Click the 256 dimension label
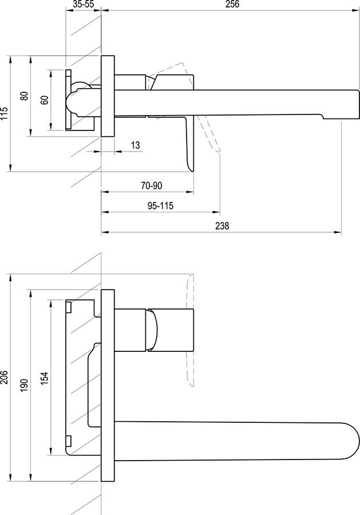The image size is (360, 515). pos(232,4)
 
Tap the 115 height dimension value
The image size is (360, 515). pos(4,113)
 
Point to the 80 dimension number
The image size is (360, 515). pos(24,96)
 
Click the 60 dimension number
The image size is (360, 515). pos(44,100)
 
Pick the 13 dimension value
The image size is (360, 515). pos(135,145)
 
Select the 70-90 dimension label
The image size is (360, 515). pos(152,185)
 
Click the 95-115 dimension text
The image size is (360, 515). pos(160,206)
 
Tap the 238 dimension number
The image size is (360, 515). pos(222,226)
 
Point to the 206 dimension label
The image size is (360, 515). pos(4,378)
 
